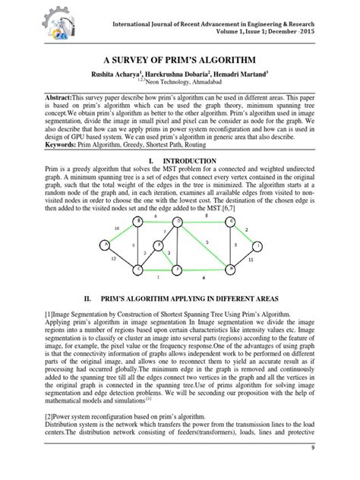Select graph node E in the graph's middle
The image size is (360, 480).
click(159, 245)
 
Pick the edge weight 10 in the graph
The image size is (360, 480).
click(116, 228)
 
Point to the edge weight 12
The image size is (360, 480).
click(114, 259)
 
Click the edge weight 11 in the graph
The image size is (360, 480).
click(250, 259)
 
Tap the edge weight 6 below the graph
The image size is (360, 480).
click(204, 278)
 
